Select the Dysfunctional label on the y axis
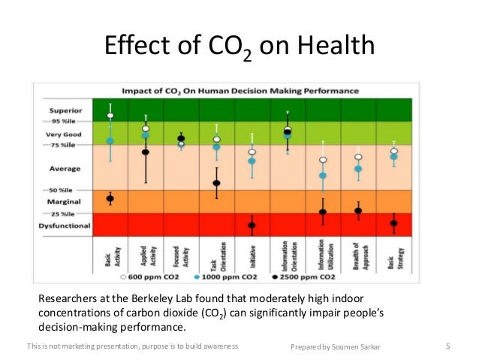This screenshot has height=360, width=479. pyautogui.click(x=65, y=225)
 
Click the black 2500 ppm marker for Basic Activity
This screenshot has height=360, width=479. pyautogui.click(x=110, y=199)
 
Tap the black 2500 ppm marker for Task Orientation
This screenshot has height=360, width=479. pyautogui.click(x=216, y=183)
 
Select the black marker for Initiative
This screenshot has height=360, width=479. pyautogui.click(x=252, y=225)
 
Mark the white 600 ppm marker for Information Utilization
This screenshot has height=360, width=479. pyautogui.click(x=323, y=160)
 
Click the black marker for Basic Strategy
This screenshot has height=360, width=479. pyautogui.click(x=393, y=223)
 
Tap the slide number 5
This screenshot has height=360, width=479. pyautogui.click(x=447, y=346)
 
